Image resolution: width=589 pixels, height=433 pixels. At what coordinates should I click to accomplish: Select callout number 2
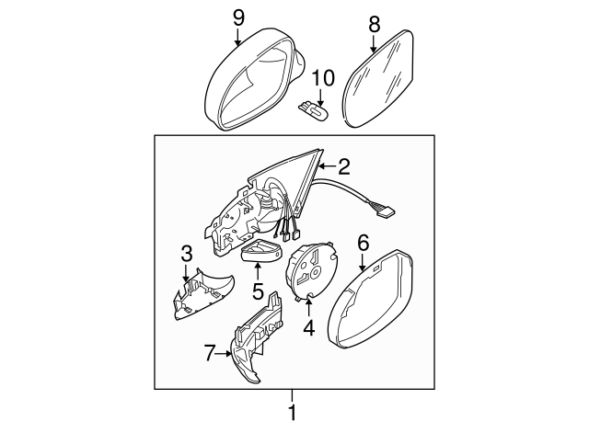(344, 167)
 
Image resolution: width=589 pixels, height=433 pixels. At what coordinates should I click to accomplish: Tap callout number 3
(186, 252)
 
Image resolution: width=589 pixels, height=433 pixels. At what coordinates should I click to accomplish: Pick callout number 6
(363, 243)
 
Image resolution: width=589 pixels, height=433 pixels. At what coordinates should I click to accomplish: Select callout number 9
(237, 16)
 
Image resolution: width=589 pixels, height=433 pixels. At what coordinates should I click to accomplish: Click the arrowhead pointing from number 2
(321, 167)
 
